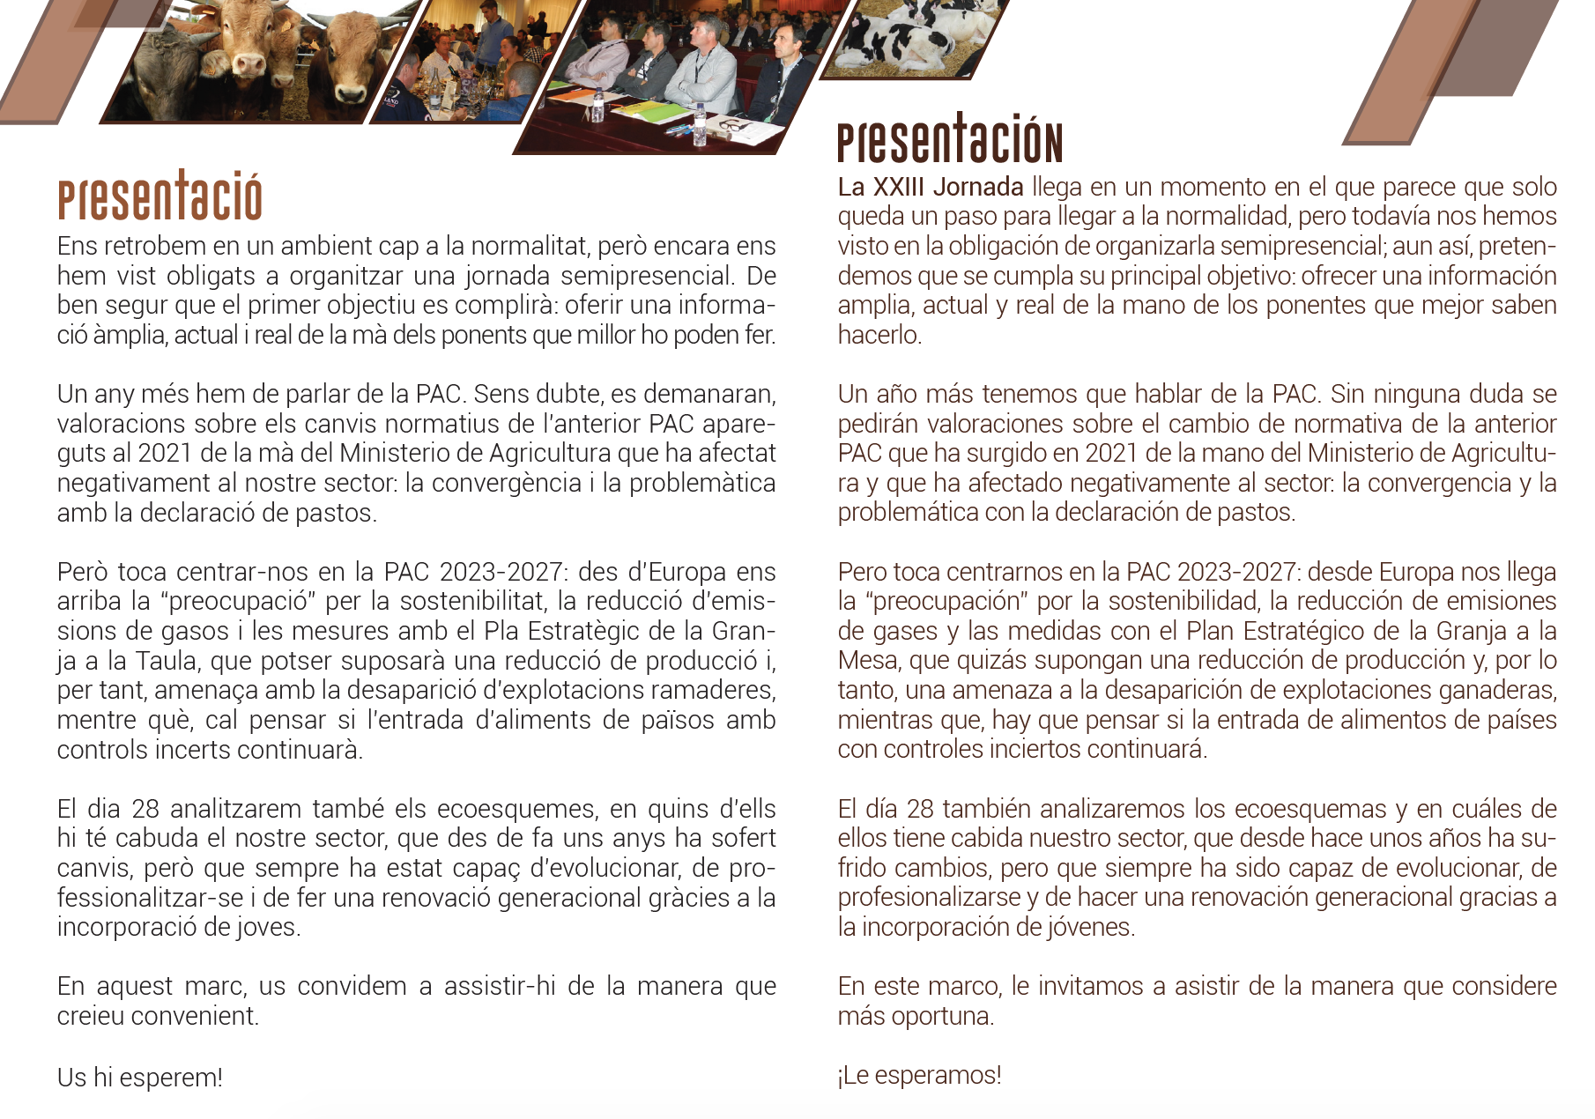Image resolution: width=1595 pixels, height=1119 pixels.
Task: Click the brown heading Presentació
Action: click(159, 197)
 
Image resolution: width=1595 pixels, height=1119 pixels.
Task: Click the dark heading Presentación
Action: click(949, 140)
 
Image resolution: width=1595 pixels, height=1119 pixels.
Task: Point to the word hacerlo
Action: click(879, 335)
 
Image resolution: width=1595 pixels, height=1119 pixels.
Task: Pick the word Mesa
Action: click(869, 660)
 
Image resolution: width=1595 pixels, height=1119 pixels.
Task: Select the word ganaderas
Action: click(1498, 690)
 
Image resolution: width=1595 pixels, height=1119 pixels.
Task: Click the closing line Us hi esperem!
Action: click(139, 1077)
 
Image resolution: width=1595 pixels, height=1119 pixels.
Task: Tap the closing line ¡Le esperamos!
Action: click(919, 1075)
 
